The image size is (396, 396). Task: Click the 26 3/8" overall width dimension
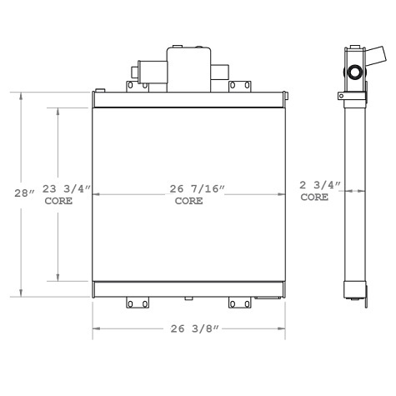click(193, 328)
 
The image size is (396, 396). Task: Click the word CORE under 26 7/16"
click(189, 202)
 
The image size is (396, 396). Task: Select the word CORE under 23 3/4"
click(58, 202)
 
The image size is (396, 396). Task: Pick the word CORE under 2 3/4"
click(315, 198)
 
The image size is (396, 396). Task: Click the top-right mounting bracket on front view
click(239, 86)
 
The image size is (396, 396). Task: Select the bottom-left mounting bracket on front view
click(136, 304)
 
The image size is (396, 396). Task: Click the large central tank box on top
click(189, 68)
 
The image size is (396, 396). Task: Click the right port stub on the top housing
click(221, 72)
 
